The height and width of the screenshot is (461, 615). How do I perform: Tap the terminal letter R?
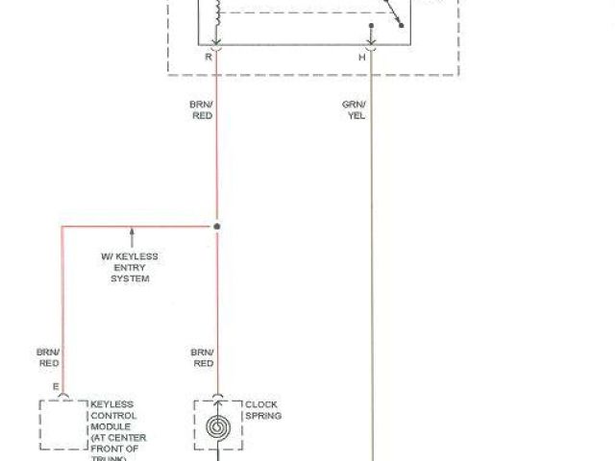pyautogui.click(x=208, y=58)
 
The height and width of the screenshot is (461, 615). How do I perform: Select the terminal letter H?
pyautogui.click(x=362, y=58)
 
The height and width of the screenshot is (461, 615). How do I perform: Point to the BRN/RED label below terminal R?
pyautogui.click(x=203, y=109)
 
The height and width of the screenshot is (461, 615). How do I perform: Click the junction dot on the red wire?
pyautogui.click(x=217, y=227)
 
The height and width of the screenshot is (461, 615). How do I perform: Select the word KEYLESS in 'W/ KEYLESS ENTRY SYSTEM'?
pyautogui.click(x=138, y=256)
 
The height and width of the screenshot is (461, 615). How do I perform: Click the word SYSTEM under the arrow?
pyautogui.click(x=130, y=278)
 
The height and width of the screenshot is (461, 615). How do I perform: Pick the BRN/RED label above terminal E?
pyautogui.click(x=48, y=357)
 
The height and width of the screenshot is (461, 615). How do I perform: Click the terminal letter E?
pyautogui.click(x=55, y=387)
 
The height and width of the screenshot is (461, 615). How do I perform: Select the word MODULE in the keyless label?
pyautogui.click(x=106, y=427)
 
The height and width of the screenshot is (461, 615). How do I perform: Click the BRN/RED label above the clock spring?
pyautogui.click(x=203, y=357)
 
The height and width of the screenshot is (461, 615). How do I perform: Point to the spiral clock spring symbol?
pyautogui.click(x=217, y=425)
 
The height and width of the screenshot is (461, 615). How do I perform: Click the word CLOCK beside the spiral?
pyautogui.click(x=261, y=404)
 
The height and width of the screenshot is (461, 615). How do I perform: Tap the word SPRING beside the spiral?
pyautogui.click(x=263, y=416)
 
